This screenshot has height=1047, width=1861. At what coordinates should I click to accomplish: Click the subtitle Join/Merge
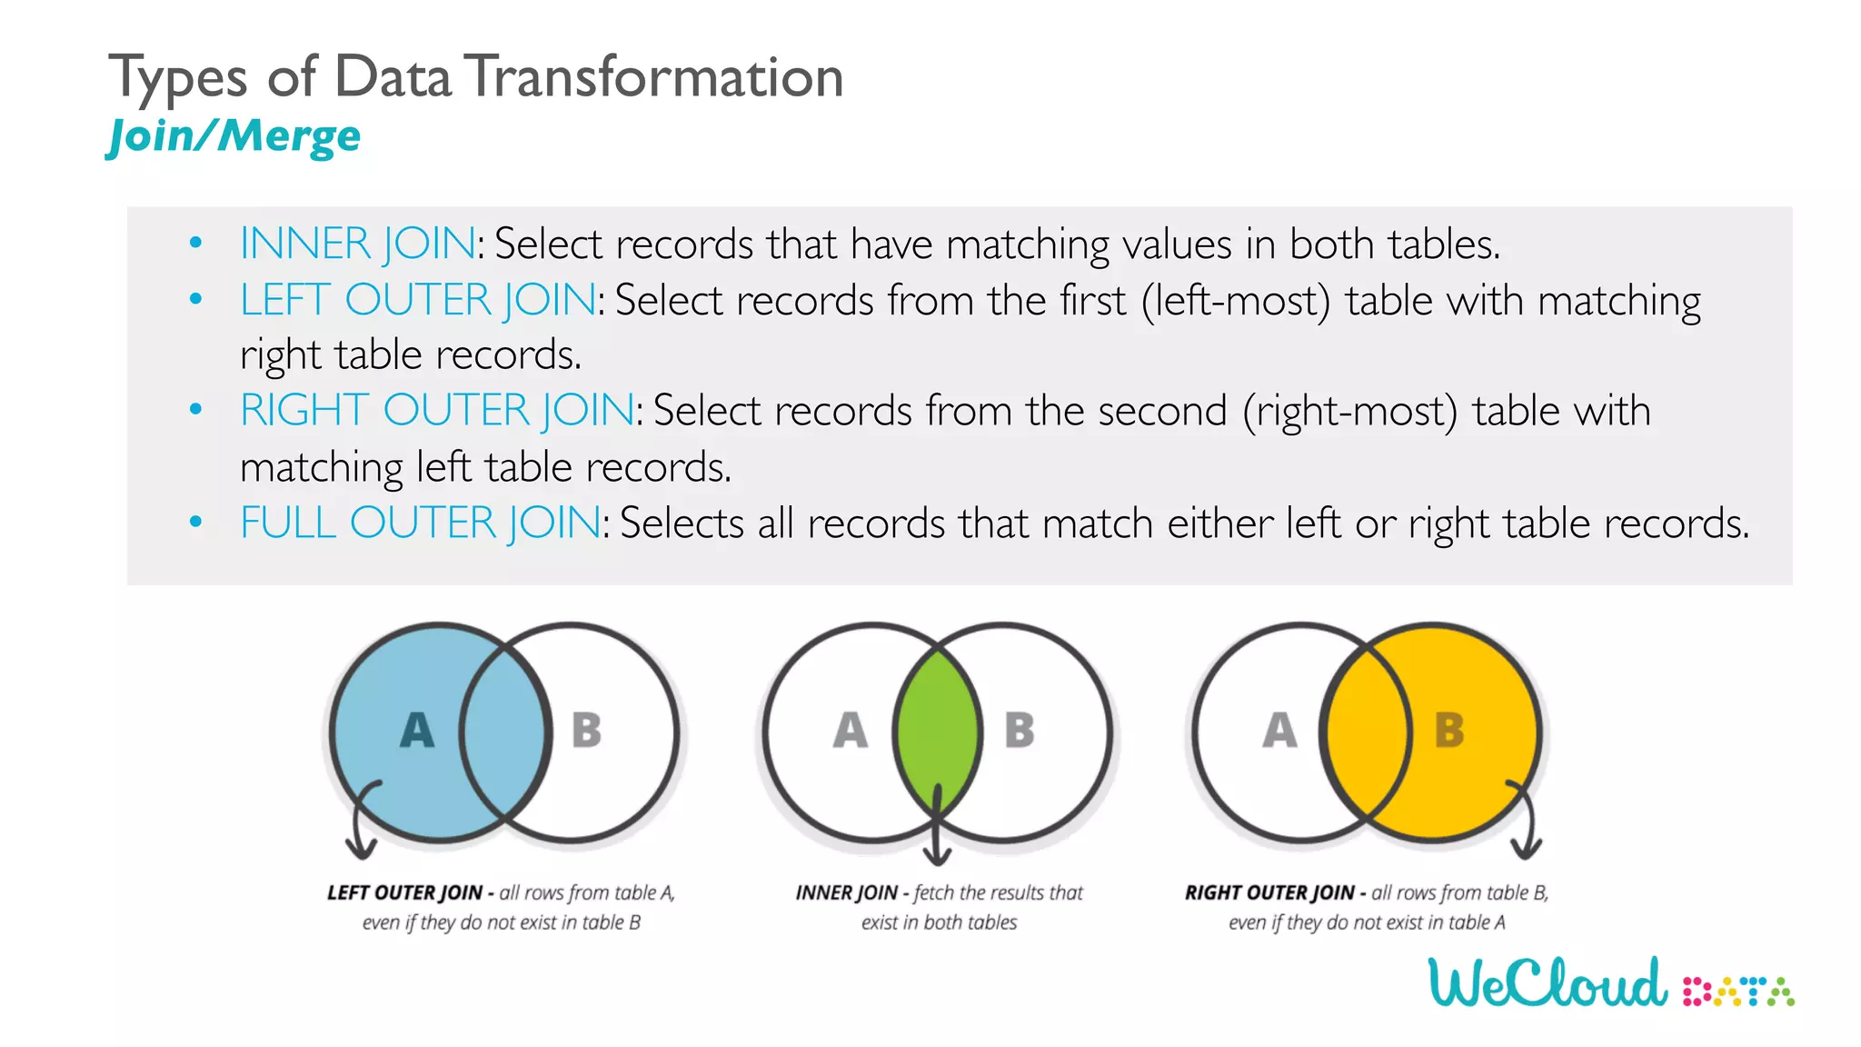tap(234, 137)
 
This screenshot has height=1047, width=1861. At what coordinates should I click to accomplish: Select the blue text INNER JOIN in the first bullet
tap(357, 244)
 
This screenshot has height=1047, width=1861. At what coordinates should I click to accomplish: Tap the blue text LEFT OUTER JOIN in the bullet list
tap(418, 300)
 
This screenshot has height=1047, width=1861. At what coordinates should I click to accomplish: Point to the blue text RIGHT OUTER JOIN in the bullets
tap(437, 411)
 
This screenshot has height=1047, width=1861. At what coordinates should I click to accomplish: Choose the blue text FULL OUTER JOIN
tap(420, 523)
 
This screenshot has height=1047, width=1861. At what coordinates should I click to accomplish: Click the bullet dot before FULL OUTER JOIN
tap(195, 523)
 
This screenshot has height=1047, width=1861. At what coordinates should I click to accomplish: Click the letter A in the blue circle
tap(417, 731)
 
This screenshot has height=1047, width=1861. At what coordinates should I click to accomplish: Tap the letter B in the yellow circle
tap(1448, 731)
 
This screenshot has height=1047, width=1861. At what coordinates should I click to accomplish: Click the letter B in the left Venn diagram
tap(586, 731)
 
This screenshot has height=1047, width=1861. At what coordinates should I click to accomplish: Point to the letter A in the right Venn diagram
tap(1279, 731)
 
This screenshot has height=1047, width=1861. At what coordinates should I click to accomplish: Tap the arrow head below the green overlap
tap(937, 857)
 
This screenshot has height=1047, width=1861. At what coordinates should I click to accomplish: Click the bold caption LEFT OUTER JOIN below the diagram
tap(404, 893)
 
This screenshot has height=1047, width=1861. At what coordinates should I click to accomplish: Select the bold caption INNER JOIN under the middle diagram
tap(846, 893)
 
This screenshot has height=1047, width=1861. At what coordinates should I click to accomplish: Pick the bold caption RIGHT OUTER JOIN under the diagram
tap(1269, 893)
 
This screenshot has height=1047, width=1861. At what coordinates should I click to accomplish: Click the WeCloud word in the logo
tap(1548, 983)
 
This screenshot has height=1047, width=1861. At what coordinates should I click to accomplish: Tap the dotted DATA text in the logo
tap(1737, 992)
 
